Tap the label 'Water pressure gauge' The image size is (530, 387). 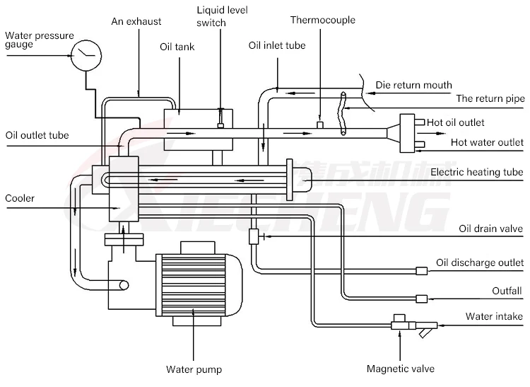pyautogui.click(x=39, y=40)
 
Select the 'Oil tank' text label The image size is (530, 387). pyautogui.click(x=177, y=47)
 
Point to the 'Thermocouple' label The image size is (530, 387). pyautogui.click(x=323, y=20)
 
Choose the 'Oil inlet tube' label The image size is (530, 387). pyautogui.click(x=277, y=45)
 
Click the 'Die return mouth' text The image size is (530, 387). pyautogui.click(x=413, y=85)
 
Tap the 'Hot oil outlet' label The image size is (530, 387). pyautogui.click(x=456, y=122)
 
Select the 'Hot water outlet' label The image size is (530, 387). pyautogui.click(x=488, y=142)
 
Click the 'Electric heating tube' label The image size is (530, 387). pyautogui.click(x=477, y=172)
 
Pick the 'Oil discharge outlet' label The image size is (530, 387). pyautogui.click(x=480, y=262)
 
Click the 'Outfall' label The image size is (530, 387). pyautogui.click(x=507, y=291)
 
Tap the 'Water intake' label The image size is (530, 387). pyautogui.click(x=495, y=316)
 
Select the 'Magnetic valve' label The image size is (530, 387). pyautogui.click(x=400, y=369)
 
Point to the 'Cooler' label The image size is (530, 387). pyautogui.click(x=20, y=198)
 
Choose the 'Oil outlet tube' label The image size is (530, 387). pyautogui.click(x=37, y=134)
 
